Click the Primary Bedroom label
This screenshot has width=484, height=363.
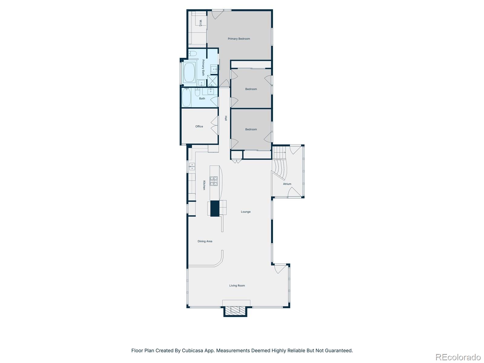pos(239,39)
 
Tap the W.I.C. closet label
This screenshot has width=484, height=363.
pos(201,23)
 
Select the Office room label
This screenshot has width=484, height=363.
pos(199,126)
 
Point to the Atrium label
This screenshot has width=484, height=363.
pos(287,184)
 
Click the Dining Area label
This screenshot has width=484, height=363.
pos(205,241)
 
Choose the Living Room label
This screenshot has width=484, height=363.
pos(237,286)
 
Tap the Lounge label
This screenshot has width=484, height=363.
pos(246,212)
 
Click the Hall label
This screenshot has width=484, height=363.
pos(226,118)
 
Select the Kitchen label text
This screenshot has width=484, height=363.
pos(204,185)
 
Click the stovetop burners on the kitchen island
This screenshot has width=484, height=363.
pos(214,181)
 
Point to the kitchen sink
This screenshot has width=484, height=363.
pos(192,166)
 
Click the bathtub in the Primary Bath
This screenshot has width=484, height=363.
pos(189,73)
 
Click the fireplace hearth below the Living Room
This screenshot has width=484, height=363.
pos(235,311)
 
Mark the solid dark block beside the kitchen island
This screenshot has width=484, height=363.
pos(214,208)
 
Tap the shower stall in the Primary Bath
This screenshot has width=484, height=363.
pos(213,81)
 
